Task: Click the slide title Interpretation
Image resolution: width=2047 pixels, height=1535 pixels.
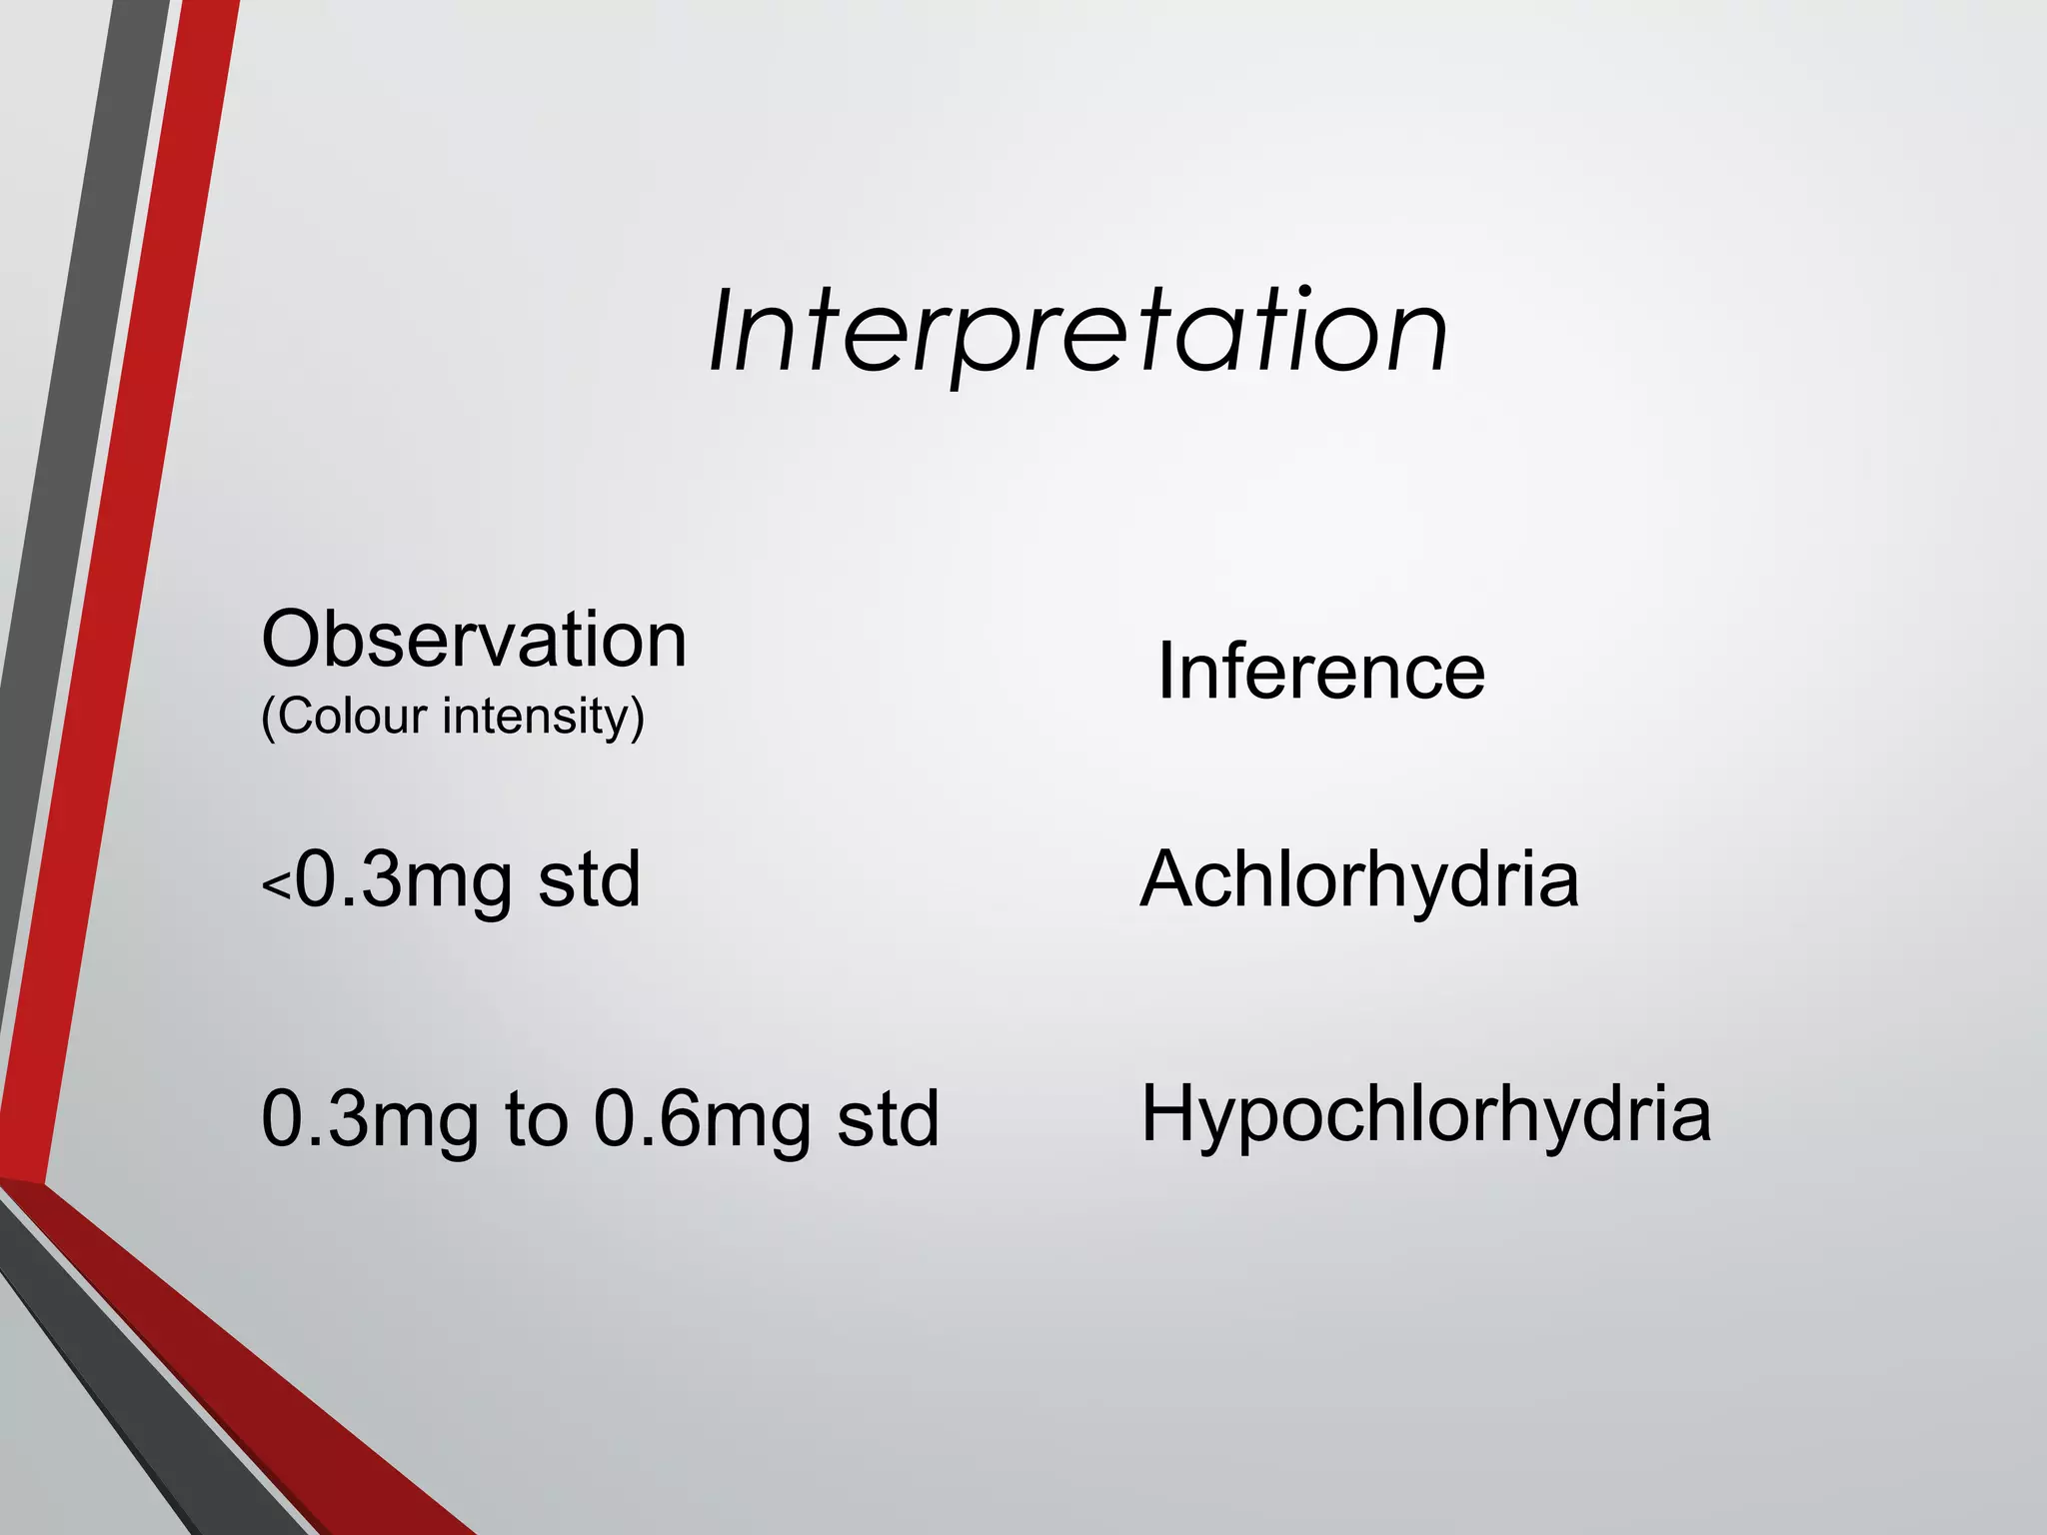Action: click(x=1077, y=332)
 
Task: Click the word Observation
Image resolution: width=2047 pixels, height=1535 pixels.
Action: click(x=474, y=640)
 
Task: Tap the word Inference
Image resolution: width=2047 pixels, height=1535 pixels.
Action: click(x=1320, y=672)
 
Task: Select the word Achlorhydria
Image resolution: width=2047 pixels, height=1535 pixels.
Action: click(x=1359, y=879)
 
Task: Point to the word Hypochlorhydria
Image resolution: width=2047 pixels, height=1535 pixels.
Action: click(x=1426, y=1114)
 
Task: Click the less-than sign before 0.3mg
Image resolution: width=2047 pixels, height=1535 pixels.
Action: click(x=276, y=885)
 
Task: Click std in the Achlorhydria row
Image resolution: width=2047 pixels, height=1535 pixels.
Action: click(x=590, y=879)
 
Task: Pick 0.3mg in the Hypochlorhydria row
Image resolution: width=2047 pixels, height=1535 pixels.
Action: click(x=370, y=1119)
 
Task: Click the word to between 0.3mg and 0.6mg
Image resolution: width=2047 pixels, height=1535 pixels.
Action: click(x=537, y=1119)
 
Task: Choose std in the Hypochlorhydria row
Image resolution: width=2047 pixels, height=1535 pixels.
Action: click(x=889, y=1119)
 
